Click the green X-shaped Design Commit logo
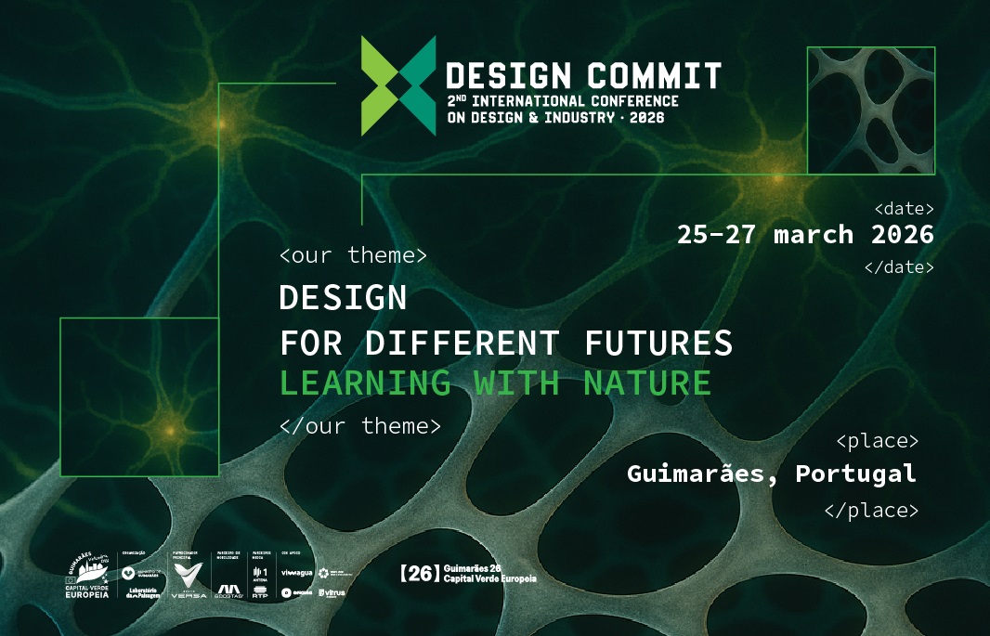pyautogui.click(x=397, y=85)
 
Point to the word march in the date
pyautogui.click(x=814, y=234)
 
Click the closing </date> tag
pyautogui.click(x=899, y=267)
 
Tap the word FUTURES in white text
pyautogui.click(x=658, y=344)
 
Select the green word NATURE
pyautogui.click(x=647, y=383)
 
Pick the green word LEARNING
pyautogui.click(x=366, y=383)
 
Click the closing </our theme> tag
pyautogui.click(x=359, y=426)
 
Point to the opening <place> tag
pyautogui.click(x=878, y=439)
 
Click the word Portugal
pyautogui.click(x=855, y=474)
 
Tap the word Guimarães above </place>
pyautogui.click(x=703, y=474)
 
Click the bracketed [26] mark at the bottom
pyautogui.click(x=418, y=574)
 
